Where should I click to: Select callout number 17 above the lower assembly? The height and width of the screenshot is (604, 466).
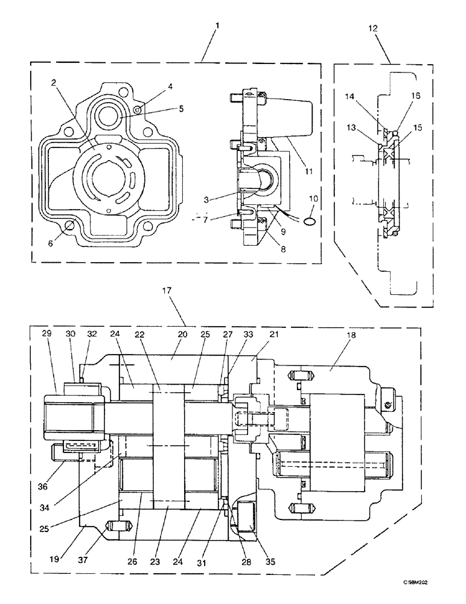point(167,291)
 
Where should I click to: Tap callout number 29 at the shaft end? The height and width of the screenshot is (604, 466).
point(47,333)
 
